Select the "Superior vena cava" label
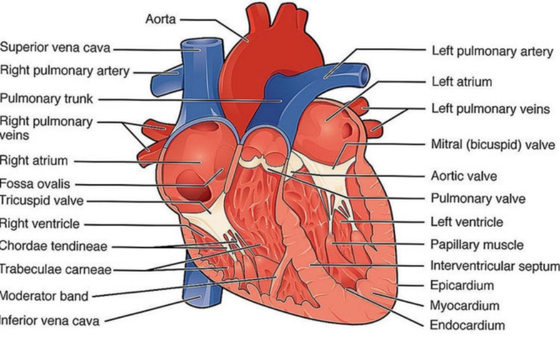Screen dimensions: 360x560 pyautogui.click(x=54, y=48)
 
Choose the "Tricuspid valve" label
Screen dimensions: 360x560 pyautogui.click(x=41, y=201)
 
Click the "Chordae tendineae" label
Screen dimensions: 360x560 pyautogui.click(x=52, y=246)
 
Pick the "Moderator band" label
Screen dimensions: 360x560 pyautogui.click(x=44, y=296)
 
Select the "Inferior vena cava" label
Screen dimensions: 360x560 pyautogui.click(x=49, y=321)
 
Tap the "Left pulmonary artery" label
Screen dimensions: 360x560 pyautogui.click(x=492, y=51)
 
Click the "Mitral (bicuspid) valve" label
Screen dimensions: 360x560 pyautogui.click(x=492, y=145)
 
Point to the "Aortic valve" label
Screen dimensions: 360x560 pyautogui.click(x=464, y=176)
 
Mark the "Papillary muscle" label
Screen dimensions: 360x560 pyautogui.click(x=477, y=244)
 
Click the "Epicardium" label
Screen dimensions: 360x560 pyautogui.click(x=462, y=286)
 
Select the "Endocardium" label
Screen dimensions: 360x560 pyautogui.click(x=467, y=325)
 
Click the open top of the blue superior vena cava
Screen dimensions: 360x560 pyautogui.click(x=200, y=44)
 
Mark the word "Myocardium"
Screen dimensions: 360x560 pyautogui.click(x=464, y=306)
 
